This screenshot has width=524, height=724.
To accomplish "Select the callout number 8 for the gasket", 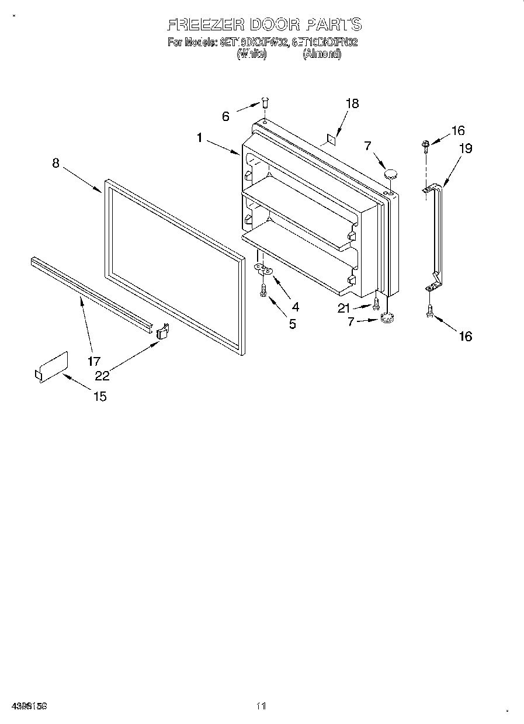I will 55,163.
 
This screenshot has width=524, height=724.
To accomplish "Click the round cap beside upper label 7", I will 390,172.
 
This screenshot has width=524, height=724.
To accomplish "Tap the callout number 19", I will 465,148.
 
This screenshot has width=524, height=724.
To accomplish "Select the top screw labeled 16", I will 426,143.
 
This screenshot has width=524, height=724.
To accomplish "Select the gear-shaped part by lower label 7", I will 386,317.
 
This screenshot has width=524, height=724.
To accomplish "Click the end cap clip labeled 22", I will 163,331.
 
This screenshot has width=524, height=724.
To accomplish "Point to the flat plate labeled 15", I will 51,368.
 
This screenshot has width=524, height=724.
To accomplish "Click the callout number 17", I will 94,361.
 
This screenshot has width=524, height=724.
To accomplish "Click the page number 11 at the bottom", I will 261,706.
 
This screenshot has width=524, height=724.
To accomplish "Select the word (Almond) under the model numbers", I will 321,54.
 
